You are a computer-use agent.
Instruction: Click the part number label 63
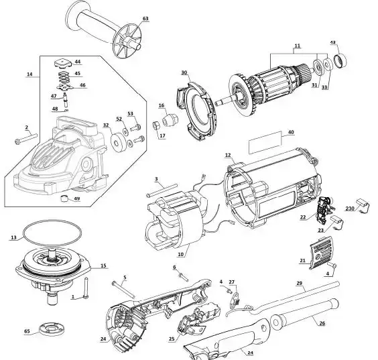click(145, 19)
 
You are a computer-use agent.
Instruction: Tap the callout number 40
click(291, 132)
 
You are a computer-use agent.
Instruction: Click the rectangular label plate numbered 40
click(265, 143)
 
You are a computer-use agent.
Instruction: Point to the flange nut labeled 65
click(51, 329)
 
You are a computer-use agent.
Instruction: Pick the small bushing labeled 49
click(64, 198)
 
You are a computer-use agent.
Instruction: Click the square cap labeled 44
click(62, 64)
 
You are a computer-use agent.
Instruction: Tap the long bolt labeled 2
click(26, 138)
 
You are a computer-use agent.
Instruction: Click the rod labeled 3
click(162, 190)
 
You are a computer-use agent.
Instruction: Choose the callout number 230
click(349, 208)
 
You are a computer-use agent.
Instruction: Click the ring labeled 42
click(340, 60)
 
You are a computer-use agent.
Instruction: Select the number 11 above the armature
click(298, 46)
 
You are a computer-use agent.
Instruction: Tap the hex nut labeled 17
click(155, 125)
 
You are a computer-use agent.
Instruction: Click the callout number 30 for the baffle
click(184, 72)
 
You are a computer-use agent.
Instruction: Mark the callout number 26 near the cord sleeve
click(322, 323)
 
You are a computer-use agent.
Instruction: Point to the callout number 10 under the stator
click(181, 254)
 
